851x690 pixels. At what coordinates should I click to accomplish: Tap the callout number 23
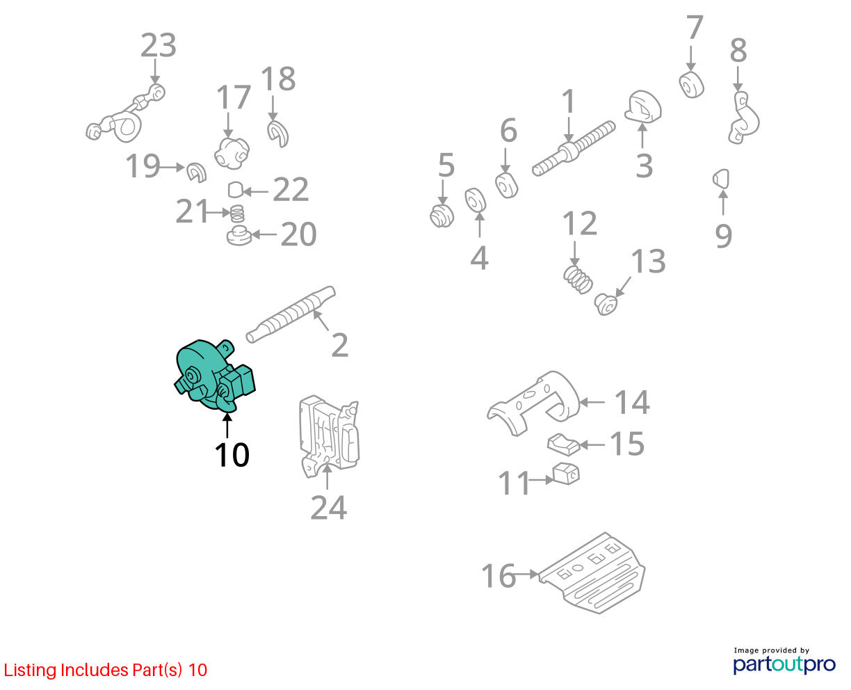(159, 45)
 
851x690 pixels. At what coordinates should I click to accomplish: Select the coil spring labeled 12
(578, 279)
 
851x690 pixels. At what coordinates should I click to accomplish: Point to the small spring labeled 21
(237, 214)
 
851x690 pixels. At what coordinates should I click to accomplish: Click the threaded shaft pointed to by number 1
(574, 149)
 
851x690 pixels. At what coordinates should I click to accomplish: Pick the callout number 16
(499, 576)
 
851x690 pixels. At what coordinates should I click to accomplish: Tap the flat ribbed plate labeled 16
(592, 573)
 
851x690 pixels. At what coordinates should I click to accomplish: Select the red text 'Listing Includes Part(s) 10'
(106, 670)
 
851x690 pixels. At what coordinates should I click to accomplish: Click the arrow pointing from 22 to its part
(255, 191)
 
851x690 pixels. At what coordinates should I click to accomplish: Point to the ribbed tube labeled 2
(291, 314)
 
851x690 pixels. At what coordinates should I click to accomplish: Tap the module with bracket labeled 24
(330, 436)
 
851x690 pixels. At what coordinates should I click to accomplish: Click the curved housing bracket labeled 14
(533, 403)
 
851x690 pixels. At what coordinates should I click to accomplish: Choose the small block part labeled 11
(566, 474)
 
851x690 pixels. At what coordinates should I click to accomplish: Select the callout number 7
(695, 27)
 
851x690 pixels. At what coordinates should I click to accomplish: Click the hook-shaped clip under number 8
(743, 118)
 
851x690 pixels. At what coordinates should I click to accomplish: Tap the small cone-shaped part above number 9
(721, 179)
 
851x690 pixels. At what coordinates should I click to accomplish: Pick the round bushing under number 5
(441, 216)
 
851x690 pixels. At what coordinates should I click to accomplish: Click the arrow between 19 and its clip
(172, 167)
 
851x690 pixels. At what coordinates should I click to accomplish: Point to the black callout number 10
(232, 455)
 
